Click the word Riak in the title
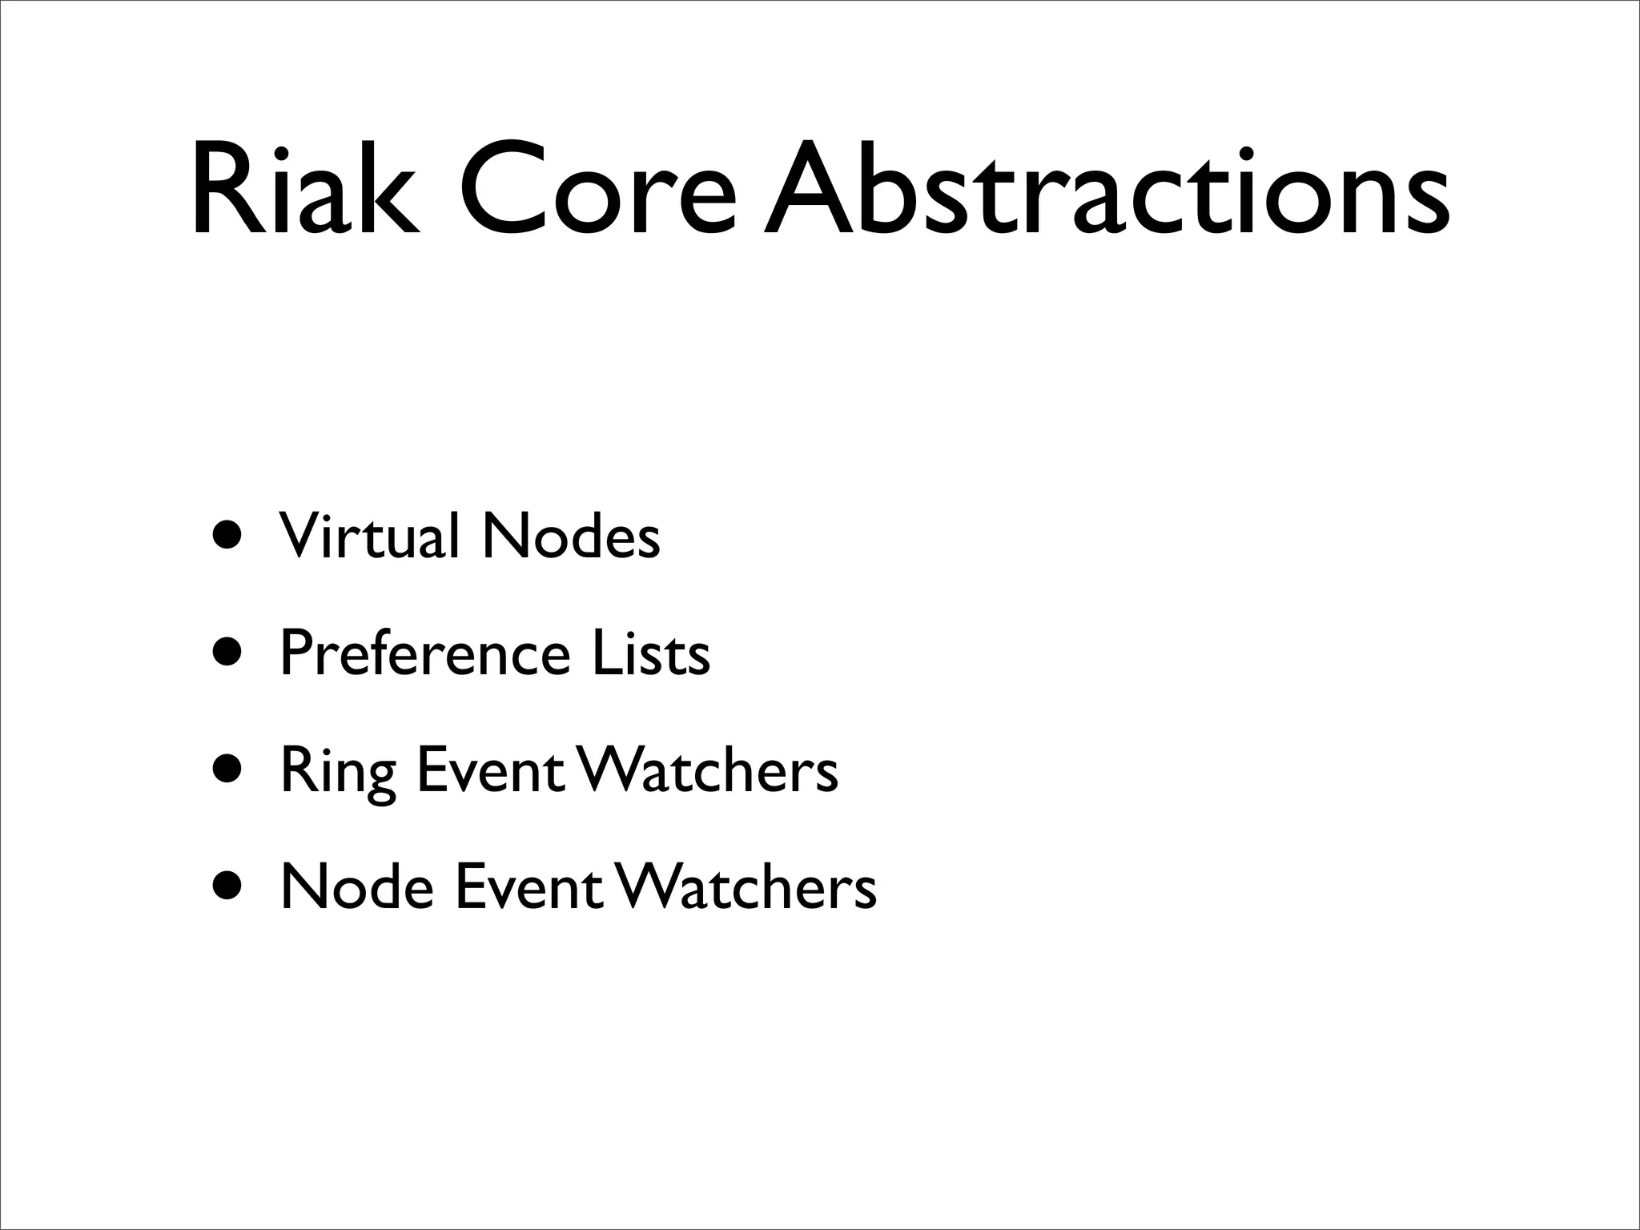pos(304,191)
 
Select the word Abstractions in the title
pos(1105,191)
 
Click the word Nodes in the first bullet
pos(571,536)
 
